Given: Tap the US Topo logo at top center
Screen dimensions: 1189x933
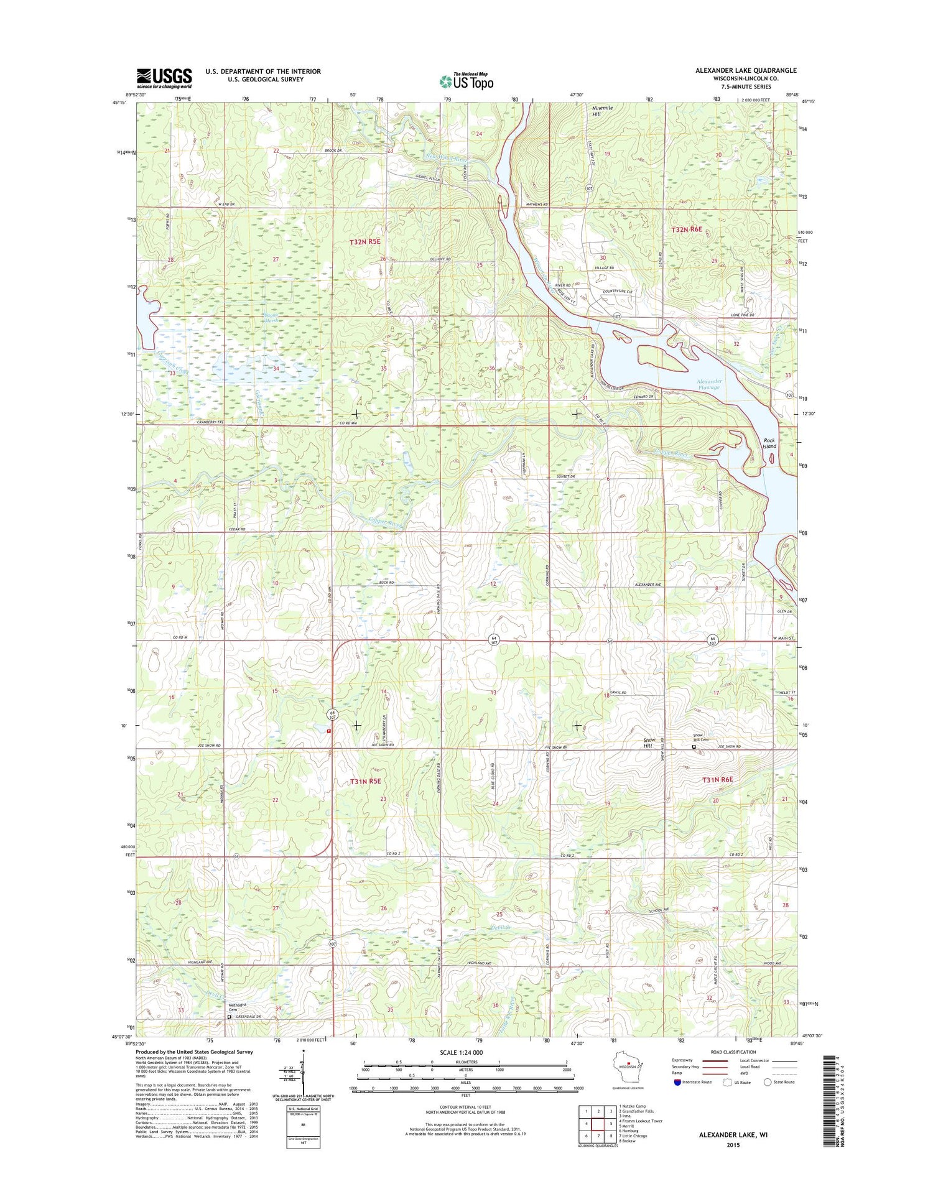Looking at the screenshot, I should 466,81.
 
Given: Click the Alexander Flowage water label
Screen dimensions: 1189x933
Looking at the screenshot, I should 708,384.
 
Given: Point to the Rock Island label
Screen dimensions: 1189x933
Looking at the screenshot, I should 770,443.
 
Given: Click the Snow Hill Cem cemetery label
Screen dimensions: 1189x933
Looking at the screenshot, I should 701,738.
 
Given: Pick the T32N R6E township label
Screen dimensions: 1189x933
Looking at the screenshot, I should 687,229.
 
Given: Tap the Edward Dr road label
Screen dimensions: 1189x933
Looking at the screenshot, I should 643,396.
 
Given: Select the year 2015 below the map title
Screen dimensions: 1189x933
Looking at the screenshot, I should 733,1145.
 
